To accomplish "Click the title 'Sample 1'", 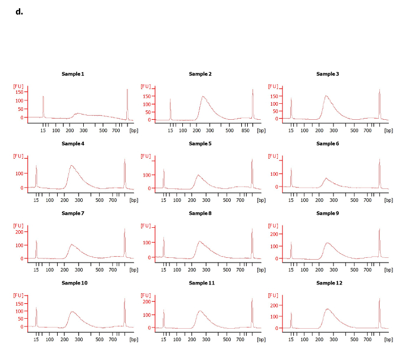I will [73, 74].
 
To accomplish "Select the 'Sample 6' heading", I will [327, 143].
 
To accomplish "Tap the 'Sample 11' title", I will [202, 283].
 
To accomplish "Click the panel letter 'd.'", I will [19, 12].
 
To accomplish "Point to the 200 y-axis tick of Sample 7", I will [21, 231].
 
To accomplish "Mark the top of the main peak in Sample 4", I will [71, 166].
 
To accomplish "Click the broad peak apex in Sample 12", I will [328, 309].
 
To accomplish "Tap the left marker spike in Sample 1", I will [43, 96].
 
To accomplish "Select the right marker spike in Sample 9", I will [379, 229].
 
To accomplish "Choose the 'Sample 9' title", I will [327, 213].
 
